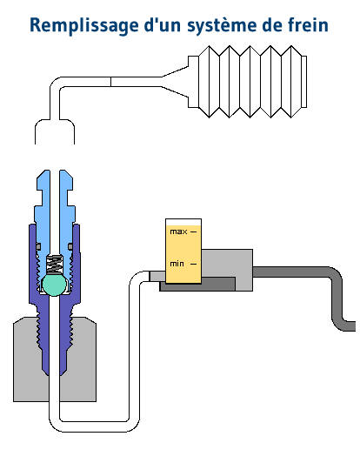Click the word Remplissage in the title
(x=84, y=26)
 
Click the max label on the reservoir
(x=178, y=231)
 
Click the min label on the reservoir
(x=177, y=264)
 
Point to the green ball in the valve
(x=54, y=284)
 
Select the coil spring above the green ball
(x=54, y=264)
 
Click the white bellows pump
(x=252, y=82)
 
